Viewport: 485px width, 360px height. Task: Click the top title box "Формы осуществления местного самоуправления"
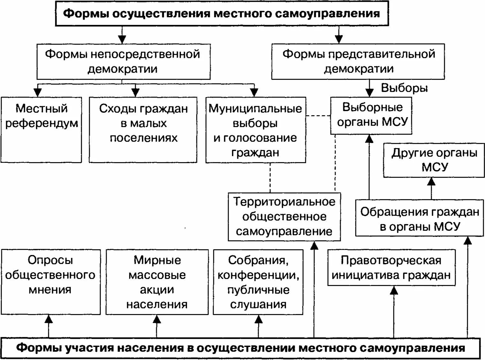point(222,14)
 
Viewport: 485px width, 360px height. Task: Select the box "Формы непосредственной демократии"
point(123,62)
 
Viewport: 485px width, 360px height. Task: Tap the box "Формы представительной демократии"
point(358,62)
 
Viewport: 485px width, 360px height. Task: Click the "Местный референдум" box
point(42,130)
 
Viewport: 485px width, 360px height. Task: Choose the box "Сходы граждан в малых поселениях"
point(143,130)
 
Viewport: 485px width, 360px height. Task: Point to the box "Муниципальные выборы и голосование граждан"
point(255,130)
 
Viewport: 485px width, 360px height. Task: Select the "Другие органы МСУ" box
point(434,160)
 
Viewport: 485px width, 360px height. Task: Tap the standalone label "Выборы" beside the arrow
point(405,88)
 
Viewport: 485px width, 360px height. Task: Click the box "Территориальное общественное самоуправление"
point(284,217)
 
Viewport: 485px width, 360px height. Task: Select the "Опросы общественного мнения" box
point(50,281)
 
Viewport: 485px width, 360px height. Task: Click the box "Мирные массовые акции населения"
point(157,282)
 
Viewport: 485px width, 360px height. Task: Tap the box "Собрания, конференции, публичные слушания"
point(258,282)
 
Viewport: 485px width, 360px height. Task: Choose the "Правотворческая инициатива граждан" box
point(391,268)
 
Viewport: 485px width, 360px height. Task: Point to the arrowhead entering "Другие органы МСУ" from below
point(431,182)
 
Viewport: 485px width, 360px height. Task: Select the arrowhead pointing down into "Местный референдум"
point(38,92)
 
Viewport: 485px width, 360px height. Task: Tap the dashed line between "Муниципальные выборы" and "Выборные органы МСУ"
point(318,116)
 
